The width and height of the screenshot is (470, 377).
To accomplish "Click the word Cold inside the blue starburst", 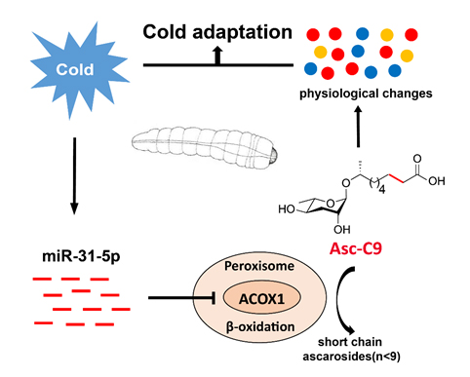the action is pos(75,69).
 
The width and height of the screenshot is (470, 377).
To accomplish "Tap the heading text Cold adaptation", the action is pos(217,32).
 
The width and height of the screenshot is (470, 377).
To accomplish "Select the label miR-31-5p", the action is pos(81,256).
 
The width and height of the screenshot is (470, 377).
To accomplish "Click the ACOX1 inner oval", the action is pos(261,298).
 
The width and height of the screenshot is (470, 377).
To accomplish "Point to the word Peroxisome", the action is pos(259,266).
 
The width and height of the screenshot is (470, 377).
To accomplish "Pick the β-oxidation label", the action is pos(260,326).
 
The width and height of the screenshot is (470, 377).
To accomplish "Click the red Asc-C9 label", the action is pos(356,248).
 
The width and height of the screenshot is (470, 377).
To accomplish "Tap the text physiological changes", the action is pos(366,94).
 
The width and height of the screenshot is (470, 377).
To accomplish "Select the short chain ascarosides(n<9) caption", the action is pos(351,349).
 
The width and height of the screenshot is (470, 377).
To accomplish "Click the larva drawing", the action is pos(205,147).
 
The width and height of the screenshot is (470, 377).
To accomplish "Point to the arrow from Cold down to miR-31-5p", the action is pos(74,175).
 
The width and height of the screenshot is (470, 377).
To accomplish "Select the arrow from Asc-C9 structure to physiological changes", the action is pos(358,127).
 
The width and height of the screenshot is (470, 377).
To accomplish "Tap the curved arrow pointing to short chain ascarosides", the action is pos(338,300).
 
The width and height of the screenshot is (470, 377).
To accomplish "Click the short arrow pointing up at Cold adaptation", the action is pos(217,55).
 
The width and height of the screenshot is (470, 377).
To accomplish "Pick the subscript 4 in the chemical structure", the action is pos(382,190).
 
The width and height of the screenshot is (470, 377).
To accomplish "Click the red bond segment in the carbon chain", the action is pos(397,178).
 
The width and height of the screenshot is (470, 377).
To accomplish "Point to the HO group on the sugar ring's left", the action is pos(287,209).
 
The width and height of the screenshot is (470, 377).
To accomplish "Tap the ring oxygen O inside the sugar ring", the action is pos(331,204).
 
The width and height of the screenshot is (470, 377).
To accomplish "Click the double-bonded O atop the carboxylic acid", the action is pos(417,159).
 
